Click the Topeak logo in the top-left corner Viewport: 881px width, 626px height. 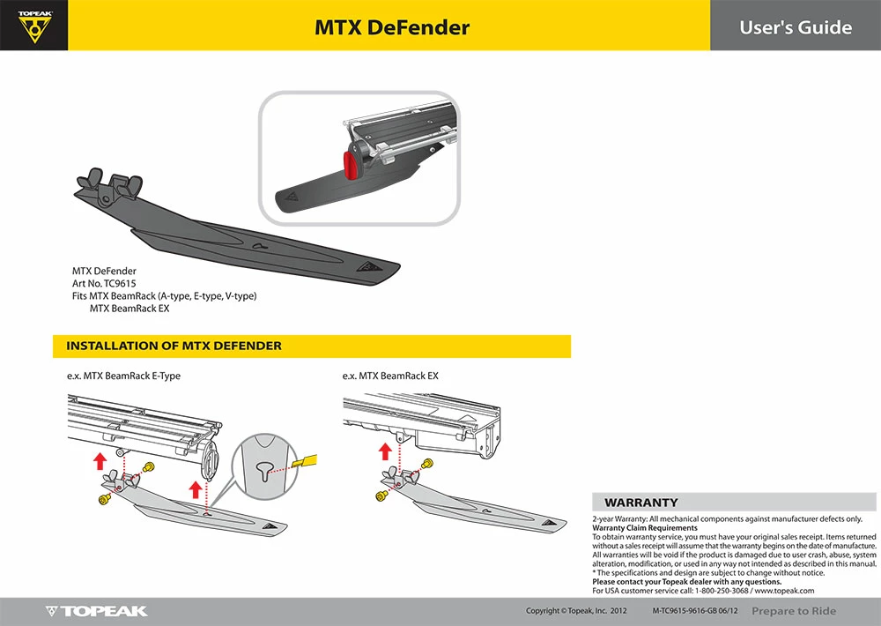pos(33,26)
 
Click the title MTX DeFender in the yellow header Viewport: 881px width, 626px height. pos(392,27)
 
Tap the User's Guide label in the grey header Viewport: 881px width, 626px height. pos(795,27)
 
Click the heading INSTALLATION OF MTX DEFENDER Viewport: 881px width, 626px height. pos(174,346)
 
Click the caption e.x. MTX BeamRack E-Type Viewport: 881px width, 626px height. pos(123,376)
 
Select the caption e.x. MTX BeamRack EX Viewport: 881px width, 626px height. pos(390,376)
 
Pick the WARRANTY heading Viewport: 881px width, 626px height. pos(640,503)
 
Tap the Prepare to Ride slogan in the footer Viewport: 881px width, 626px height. pos(794,611)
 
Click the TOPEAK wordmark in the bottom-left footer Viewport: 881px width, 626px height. pos(97,611)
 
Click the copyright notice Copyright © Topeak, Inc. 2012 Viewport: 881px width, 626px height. pos(576,611)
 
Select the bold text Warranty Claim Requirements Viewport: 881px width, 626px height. pos(644,528)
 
